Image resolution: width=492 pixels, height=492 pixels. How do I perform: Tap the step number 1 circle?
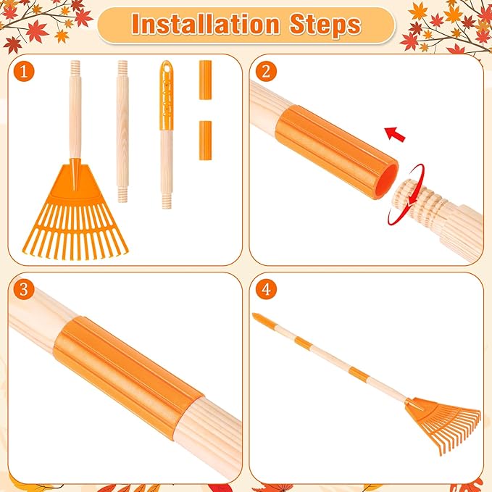click(x=26, y=72)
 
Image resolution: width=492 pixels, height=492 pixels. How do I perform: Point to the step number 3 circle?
click(x=26, y=290)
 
